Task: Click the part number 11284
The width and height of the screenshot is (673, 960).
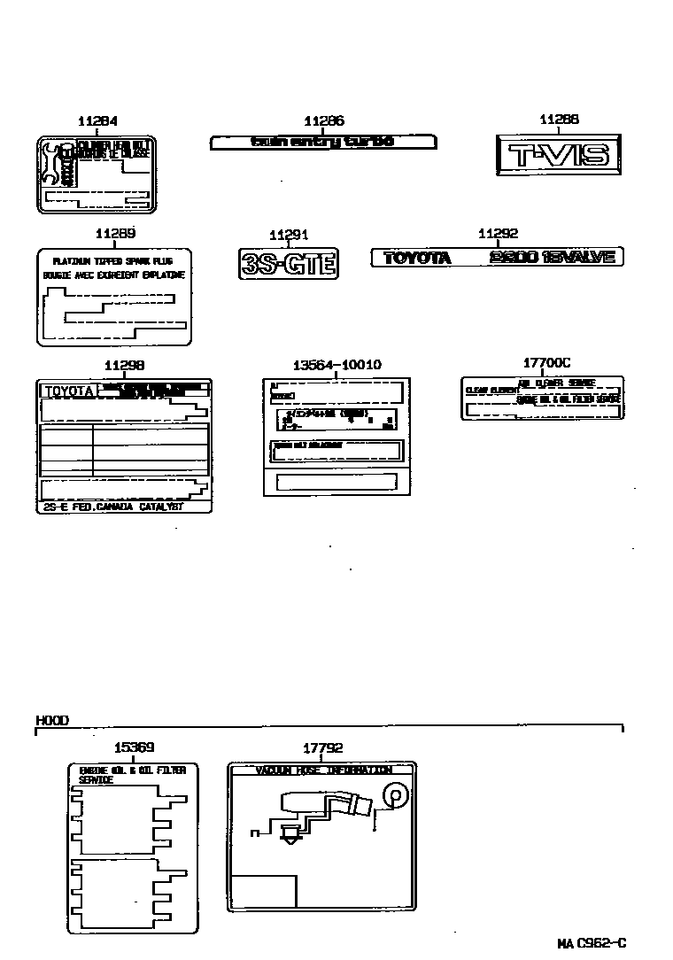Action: (x=97, y=121)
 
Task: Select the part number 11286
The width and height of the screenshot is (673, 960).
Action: (x=323, y=121)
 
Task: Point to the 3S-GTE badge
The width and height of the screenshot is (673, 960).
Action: (x=289, y=263)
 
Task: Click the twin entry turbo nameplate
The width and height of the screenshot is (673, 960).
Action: (x=322, y=142)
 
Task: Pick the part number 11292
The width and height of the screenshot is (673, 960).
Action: (x=498, y=234)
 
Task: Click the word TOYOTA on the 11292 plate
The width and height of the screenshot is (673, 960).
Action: (x=417, y=258)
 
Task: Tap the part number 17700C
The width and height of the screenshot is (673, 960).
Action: (x=546, y=362)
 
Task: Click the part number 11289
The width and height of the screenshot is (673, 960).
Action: (x=114, y=234)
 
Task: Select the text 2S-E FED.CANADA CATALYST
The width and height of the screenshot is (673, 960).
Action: (x=112, y=506)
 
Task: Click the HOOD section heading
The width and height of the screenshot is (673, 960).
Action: (x=52, y=721)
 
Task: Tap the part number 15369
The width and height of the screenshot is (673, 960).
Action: (x=134, y=747)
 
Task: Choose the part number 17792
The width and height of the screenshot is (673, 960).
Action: (x=322, y=747)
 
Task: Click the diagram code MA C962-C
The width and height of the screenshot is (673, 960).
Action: (x=592, y=944)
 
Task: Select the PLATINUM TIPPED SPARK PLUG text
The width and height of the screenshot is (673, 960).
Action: (x=110, y=261)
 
